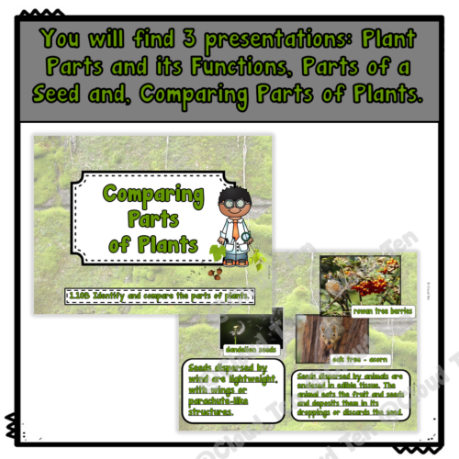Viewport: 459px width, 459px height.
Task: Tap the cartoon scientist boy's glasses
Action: click(x=231, y=207)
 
